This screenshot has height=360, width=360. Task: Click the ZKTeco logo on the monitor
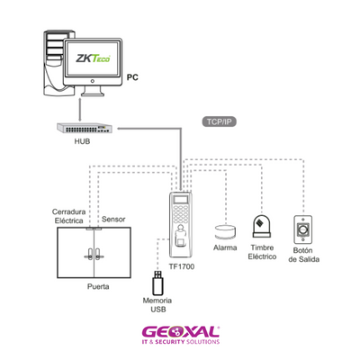pos(93,58)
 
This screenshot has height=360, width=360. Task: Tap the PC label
pos(132,77)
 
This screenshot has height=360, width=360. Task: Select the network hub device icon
pos(85,129)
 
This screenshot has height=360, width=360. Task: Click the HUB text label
pos(82,141)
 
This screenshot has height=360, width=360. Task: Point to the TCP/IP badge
pos(220,122)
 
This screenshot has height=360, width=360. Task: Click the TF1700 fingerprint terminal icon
pos(181,224)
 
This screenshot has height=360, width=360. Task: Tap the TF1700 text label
pos(182,266)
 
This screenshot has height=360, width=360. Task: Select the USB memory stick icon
pos(157,283)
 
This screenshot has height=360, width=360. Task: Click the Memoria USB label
pos(157,305)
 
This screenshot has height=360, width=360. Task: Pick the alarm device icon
pos(225,232)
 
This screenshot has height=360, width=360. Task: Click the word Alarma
pos(225,247)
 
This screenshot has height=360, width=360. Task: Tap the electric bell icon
pos(262,227)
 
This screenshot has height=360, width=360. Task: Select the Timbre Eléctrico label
pos(262,252)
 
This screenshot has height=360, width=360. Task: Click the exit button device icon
pos(302,229)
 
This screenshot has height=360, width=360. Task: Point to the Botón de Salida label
pos(303,255)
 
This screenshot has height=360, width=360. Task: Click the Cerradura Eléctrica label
pos(69,216)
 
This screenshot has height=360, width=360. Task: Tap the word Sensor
pos(113,220)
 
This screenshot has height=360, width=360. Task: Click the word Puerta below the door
pos(98,286)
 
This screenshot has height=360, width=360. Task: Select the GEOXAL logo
pos(181,335)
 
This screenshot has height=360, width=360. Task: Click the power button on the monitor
pos(93,81)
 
